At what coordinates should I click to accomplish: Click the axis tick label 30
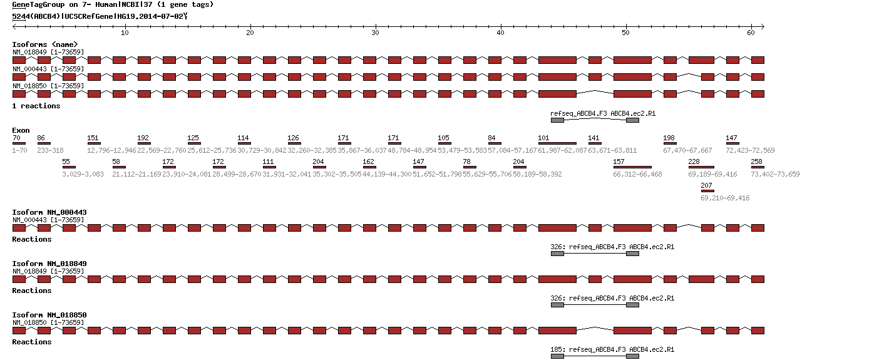click(x=375, y=32)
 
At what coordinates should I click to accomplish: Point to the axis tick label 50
click(x=625, y=32)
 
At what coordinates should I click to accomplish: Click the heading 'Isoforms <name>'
click(x=45, y=44)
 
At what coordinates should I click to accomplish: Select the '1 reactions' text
click(x=36, y=106)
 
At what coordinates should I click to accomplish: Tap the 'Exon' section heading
click(x=21, y=130)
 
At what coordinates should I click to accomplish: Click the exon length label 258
click(x=757, y=162)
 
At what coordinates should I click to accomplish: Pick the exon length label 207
click(x=707, y=185)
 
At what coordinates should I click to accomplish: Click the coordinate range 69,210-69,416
click(x=725, y=198)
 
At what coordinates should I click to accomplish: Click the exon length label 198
click(x=669, y=138)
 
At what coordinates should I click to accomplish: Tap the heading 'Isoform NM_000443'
click(x=49, y=212)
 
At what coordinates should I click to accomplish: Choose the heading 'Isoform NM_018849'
click(x=49, y=264)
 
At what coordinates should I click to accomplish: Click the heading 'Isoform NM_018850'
click(x=49, y=315)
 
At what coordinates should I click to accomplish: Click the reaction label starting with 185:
click(x=612, y=349)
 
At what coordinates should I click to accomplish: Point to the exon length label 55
click(x=66, y=162)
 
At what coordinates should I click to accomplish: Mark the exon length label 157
click(x=619, y=162)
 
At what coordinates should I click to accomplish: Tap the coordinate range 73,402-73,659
click(x=775, y=174)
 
